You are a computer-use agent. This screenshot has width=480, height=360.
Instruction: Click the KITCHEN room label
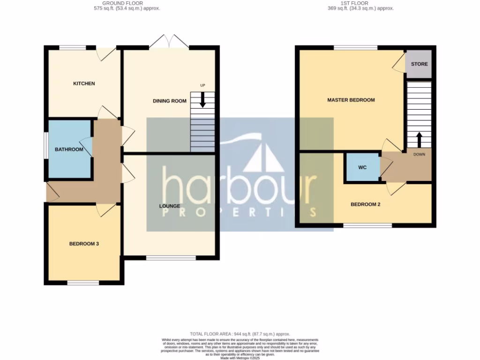(84, 83)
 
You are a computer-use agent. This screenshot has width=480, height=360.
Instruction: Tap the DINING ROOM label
(169, 101)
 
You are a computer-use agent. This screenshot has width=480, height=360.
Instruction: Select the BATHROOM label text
(69, 150)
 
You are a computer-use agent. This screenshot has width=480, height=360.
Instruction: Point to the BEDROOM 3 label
(84, 244)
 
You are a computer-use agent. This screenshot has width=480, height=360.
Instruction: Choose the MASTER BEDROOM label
(351, 100)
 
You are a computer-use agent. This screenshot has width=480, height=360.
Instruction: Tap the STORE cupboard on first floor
(419, 64)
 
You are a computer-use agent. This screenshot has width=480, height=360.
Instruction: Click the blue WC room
(362, 167)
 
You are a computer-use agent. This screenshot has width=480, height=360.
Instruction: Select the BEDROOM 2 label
(365, 204)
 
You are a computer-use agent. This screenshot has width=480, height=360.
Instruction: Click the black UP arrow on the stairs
(203, 100)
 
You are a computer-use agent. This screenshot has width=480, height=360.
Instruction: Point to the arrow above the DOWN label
(419, 139)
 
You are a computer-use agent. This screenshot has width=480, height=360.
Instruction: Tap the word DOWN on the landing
(419, 154)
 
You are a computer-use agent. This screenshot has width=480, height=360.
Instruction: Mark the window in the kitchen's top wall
(73, 47)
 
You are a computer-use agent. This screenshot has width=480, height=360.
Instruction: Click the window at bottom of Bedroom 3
(83, 283)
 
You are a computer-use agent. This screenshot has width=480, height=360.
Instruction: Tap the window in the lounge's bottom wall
(171, 257)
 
